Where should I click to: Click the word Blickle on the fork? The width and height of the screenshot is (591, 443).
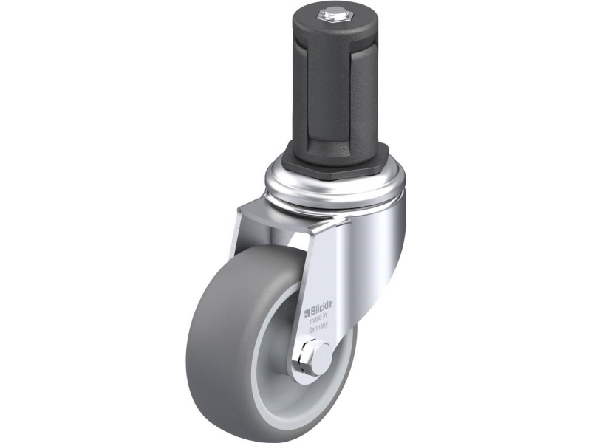point(323,301)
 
